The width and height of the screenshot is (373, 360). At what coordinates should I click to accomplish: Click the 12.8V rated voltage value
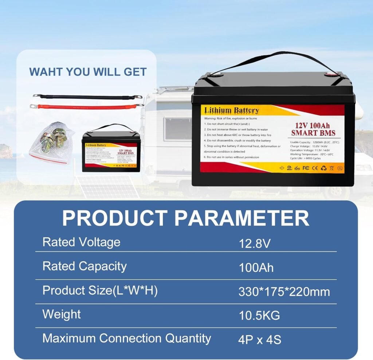[255, 243]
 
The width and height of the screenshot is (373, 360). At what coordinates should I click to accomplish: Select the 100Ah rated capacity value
[256, 267]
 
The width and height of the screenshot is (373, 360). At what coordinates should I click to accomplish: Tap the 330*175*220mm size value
[284, 291]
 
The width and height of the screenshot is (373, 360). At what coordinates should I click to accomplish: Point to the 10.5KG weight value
[259, 316]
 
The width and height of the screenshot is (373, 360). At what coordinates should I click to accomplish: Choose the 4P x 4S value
[260, 340]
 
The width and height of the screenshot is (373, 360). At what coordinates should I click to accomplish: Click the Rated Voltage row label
[81, 242]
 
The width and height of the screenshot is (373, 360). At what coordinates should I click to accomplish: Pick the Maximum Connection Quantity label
[127, 338]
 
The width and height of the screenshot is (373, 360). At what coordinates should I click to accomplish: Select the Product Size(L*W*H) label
[100, 291]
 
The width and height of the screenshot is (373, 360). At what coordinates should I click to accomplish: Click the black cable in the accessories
[87, 97]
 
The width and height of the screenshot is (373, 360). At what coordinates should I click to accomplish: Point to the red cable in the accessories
[87, 107]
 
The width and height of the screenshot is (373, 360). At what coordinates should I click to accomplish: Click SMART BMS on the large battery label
[313, 132]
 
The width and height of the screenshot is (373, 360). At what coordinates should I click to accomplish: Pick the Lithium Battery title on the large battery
[231, 110]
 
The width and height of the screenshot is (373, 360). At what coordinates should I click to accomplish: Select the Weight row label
[62, 314]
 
